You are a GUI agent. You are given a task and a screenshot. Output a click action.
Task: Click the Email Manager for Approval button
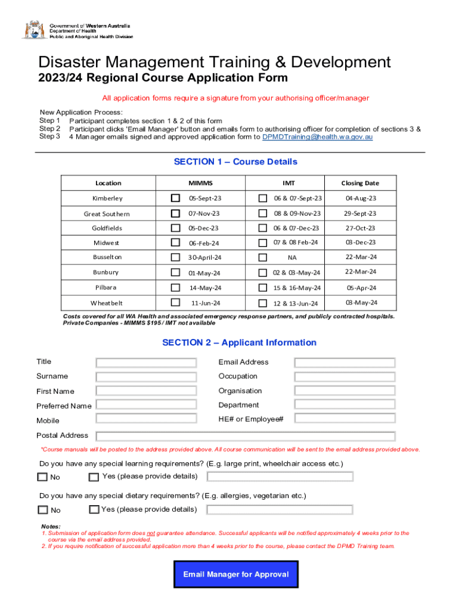pyautogui.click(x=235, y=575)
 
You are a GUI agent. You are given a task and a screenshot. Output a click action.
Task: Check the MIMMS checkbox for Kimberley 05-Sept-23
pyautogui.click(x=175, y=198)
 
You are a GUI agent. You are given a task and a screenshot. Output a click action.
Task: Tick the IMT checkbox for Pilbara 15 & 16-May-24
pyautogui.click(x=262, y=288)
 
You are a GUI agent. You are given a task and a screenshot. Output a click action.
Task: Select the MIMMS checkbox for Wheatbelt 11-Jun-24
pyautogui.click(x=175, y=303)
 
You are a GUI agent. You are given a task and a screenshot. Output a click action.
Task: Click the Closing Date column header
pyautogui.click(x=359, y=183)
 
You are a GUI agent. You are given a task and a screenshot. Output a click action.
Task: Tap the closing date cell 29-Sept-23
pyautogui.click(x=361, y=213)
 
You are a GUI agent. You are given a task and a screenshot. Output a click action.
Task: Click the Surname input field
pyautogui.click(x=146, y=376)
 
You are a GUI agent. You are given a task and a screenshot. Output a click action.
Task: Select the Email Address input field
pyautogui.click(x=345, y=362)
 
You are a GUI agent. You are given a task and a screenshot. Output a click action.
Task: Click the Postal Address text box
pyautogui.click(x=245, y=436)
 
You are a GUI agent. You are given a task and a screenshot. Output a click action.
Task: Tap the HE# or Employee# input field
pyautogui.click(x=345, y=420)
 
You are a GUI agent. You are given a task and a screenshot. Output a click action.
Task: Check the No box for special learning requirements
pyautogui.click(x=43, y=477)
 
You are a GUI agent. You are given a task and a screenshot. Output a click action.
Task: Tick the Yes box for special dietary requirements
pyautogui.click(x=94, y=509)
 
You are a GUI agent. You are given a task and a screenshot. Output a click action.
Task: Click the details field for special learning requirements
pyautogui.click(x=280, y=477)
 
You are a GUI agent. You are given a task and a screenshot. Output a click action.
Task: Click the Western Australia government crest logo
pyautogui.click(x=33, y=30)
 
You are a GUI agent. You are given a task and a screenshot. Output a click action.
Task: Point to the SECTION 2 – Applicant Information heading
pyautogui.click(x=239, y=343)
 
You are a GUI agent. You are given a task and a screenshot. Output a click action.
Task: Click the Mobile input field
pyautogui.click(x=146, y=420)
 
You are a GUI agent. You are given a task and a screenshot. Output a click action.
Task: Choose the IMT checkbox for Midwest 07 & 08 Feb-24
pyautogui.click(x=262, y=242)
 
